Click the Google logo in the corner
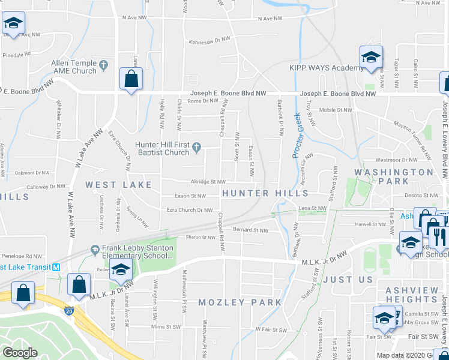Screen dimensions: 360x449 click(x=20, y=353)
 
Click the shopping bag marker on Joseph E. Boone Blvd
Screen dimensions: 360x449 click(x=130, y=78)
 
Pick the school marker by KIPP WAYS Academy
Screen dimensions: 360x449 click(x=371, y=58)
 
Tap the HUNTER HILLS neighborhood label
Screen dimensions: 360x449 click(x=265, y=193)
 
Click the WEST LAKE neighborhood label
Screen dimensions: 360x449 click(x=118, y=185)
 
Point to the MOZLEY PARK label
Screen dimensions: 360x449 click(x=240, y=302)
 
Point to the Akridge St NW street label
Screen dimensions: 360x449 click(x=208, y=181)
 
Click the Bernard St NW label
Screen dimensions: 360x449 click(x=250, y=230)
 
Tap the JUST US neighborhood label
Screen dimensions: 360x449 click(x=348, y=280)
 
